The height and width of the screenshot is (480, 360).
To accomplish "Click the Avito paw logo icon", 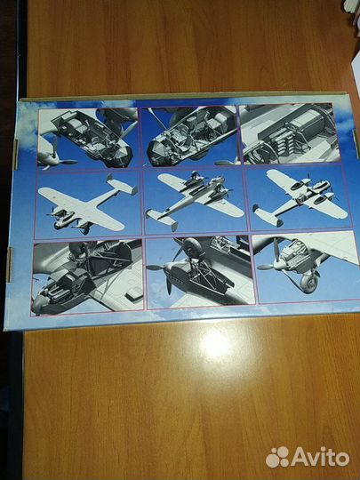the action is click(x=277, y=457).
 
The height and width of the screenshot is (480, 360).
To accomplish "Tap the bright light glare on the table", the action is click(x=215, y=344).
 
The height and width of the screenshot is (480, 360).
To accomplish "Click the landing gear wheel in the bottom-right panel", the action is click(x=308, y=284).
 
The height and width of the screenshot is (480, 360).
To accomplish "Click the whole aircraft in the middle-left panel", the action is click(x=88, y=204).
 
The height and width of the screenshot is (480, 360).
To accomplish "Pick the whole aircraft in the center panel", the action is click(x=195, y=197).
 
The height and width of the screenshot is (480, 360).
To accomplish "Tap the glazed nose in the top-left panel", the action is click(x=121, y=156).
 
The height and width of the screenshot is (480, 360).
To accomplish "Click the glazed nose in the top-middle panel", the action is click(x=158, y=153).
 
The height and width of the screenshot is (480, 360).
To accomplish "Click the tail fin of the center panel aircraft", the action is click(x=161, y=219).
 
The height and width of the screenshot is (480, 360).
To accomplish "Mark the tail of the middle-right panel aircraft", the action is click(x=267, y=215).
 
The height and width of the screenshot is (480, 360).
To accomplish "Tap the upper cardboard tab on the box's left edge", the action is click(x=16, y=155).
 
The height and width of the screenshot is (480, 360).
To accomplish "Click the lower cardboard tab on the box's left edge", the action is click(x=10, y=265).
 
